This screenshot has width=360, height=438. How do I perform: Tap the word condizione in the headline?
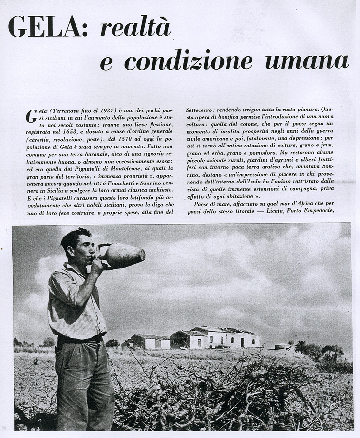click(188, 61)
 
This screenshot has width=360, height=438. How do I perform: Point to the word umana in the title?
click(307, 61)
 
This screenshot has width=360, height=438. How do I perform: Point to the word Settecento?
click(200, 110)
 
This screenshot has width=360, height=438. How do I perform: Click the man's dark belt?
click(80, 338)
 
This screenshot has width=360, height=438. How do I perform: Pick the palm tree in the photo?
click(300, 346)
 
